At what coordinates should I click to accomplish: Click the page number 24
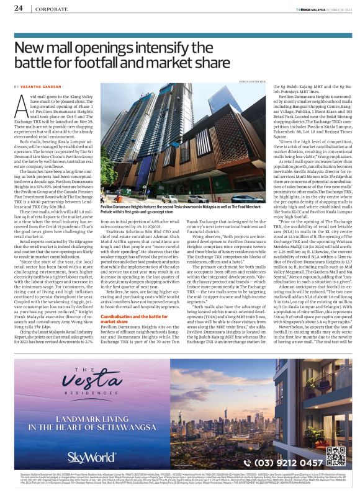click(18, 9)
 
